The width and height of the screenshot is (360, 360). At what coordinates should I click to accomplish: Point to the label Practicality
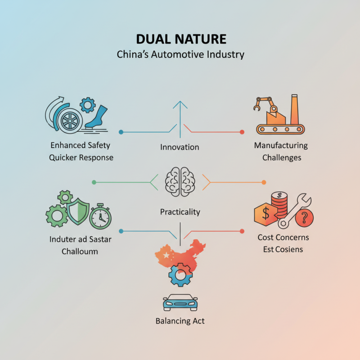[180, 211]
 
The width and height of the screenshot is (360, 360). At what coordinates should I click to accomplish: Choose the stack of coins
[280, 204]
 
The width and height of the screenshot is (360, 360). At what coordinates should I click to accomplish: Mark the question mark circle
[305, 218]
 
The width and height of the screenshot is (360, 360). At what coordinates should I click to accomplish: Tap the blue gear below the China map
[180, 274]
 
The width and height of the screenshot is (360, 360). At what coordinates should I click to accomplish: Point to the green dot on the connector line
[94, 182]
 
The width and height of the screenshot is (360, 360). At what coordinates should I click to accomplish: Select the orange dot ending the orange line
[264, 182]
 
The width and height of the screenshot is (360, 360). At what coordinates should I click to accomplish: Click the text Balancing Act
[180, 321]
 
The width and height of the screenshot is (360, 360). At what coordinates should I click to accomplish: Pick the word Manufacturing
[281, 146]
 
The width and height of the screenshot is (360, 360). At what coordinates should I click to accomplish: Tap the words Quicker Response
[81, 157]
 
